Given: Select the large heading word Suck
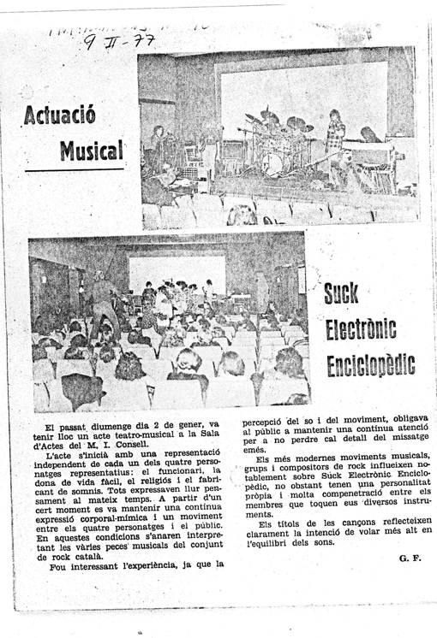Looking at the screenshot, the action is tap(341, 296).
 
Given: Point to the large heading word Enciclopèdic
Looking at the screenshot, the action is tap(370, 364).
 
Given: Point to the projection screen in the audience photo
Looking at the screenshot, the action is tap(177, 272).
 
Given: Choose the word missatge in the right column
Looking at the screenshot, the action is tap(407, 441).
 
